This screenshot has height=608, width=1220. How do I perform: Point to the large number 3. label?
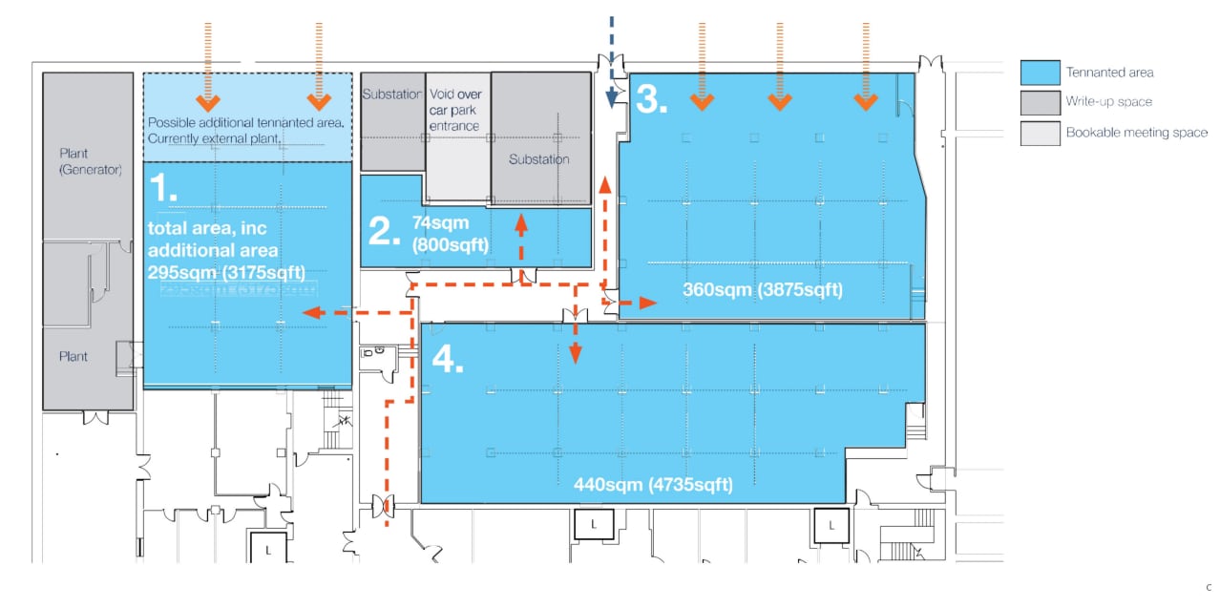coord(651,99)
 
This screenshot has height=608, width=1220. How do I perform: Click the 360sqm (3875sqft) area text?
coord(763,289)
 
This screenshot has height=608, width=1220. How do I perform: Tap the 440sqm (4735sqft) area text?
coord(653,484)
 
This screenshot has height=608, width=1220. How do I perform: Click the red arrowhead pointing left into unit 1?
coord(309,312)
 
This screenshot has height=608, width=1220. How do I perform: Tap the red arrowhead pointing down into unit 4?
coord(575,355)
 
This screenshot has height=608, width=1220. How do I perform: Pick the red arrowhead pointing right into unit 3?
coord(647,303)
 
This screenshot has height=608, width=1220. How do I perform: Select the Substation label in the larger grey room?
coord(539,158)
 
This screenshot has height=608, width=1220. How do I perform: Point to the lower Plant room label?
coord(73,356)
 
